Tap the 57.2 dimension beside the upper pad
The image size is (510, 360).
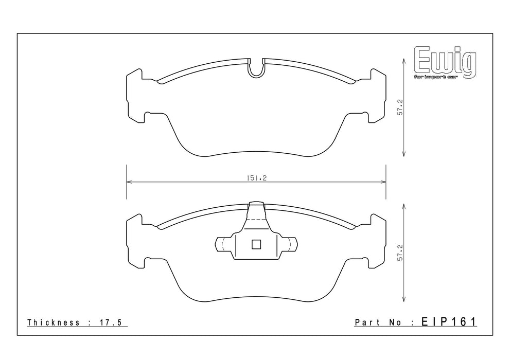pos(400,107)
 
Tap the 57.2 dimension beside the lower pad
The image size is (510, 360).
pos(400,253)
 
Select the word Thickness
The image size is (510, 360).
pos(54,322)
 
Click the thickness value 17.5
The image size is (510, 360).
pos(110,322)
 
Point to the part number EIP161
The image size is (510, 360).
pos(449,321)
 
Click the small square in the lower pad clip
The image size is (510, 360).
pos(256,244)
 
